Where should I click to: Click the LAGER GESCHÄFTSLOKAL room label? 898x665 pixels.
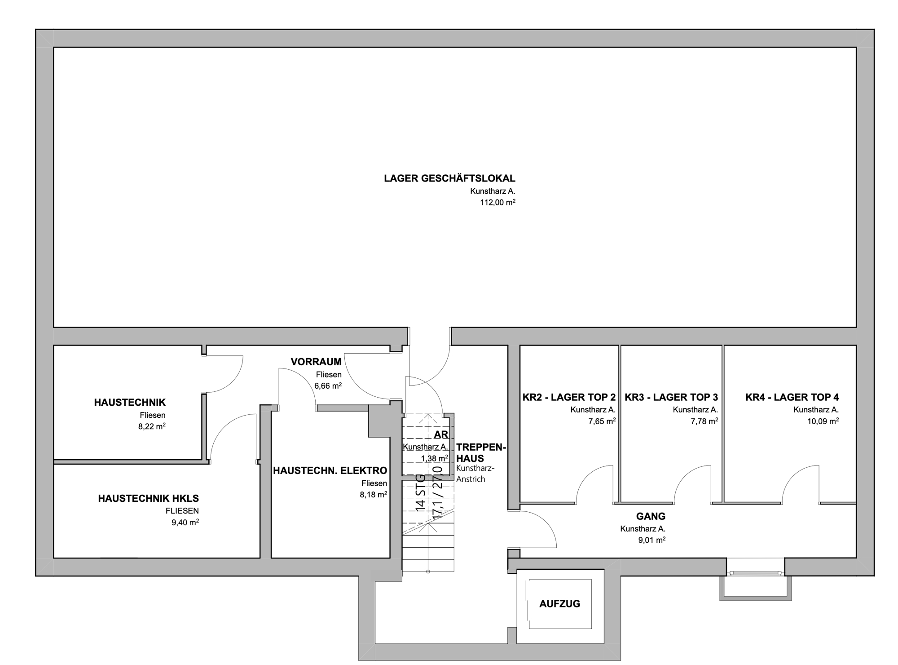449,178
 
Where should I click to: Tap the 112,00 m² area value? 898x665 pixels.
497,202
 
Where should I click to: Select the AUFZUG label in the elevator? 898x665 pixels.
559,604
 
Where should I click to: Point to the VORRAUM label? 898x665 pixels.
316,362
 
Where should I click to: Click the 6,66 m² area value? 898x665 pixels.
328,386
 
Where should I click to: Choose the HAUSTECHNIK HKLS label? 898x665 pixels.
149,498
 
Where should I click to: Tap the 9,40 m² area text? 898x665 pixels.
185,522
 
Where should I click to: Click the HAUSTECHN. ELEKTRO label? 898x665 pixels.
330,471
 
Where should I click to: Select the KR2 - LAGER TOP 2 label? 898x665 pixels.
569,397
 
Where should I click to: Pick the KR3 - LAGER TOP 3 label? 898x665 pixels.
671,397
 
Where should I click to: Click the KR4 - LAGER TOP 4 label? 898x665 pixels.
792,397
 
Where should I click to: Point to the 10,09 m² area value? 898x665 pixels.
823,421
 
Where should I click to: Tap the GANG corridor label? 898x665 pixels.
651,517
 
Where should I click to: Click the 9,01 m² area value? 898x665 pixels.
651,540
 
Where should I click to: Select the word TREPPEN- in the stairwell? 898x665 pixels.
481,448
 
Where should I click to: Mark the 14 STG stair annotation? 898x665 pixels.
420,493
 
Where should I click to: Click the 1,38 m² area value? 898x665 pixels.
434,458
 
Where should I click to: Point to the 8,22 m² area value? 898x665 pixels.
152,426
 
